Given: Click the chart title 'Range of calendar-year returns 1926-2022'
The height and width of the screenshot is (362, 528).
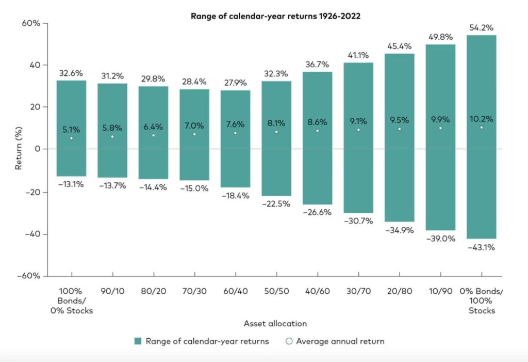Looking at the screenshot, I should pyautogui.click(x=275, y=15).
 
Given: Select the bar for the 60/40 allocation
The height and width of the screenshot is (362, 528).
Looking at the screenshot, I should pyautogui.click(x=235, y=155).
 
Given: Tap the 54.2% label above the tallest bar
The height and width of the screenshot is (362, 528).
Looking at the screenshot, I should pyautogui.click(x=482, y=27).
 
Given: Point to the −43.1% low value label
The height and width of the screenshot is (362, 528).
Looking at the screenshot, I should pyautogui.click(x=482, y=247).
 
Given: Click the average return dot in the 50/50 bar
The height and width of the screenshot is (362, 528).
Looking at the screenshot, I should pyautogui.click(x=276, y=132).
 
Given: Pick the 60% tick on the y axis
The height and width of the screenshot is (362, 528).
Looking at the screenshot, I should pyautogui.click(x=31, y=24).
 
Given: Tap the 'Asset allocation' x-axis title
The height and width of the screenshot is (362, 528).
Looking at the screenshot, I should pyautogui.click(x=276, y=324).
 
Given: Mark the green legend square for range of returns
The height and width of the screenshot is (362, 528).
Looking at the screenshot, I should pyautogui.click(x=137, y=341).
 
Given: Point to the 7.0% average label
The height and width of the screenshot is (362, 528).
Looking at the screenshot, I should pyautogui.click(x=194, y=125).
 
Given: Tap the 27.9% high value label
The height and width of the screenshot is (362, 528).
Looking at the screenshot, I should pyautogui.click(x=235, y=83).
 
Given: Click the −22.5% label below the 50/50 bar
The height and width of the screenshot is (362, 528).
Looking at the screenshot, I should pyautogui.click(x=276, y=204).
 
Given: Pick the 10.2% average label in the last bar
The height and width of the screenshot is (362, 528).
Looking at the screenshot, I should pyautogui.click(x=482, y=119).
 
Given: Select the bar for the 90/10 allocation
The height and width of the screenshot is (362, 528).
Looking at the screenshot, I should pyautogui.click(x=112, y=155).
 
